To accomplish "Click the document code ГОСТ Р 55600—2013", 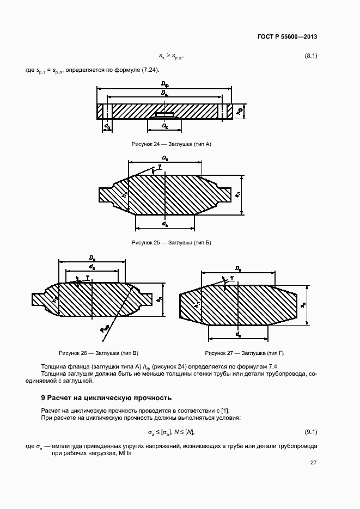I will coord(286,36).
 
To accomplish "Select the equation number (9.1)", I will coord(310,432).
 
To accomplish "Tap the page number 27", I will coord(313,463).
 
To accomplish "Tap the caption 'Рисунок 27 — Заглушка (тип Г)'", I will coord(245,353).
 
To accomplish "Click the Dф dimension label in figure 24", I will coord(164,83).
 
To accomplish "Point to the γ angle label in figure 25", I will coord(160,165).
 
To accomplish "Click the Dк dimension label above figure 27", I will coord(238,268).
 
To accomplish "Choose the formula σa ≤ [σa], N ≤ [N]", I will coord(170,432).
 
